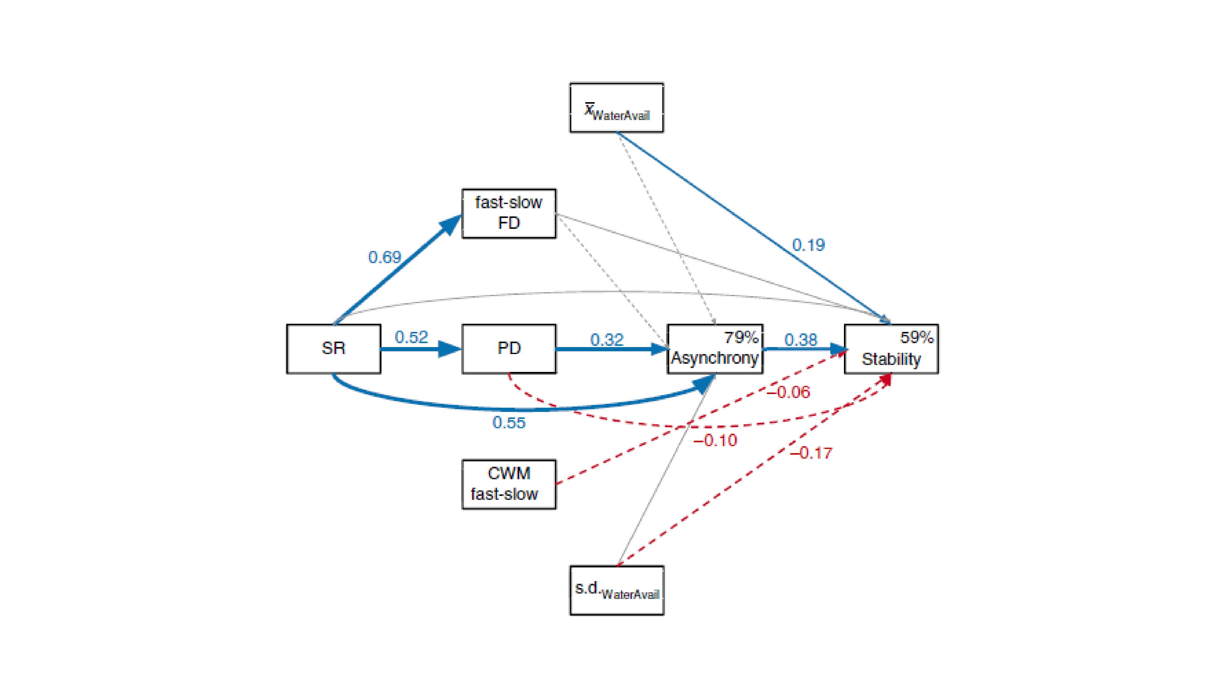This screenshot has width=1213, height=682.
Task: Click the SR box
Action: (x=333, y=349)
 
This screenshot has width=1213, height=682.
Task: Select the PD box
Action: (x=509, y=349)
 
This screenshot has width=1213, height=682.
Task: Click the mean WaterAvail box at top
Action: (x=617, y=108)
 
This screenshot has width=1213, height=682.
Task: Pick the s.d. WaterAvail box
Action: (x=617, y=590)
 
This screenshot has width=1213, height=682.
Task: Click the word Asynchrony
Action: (x=714, y=358)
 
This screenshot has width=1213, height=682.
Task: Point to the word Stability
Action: (x=891, y=359)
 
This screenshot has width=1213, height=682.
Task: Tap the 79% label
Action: (x=741, y=337)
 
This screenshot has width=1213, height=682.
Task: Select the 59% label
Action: (x=916, y=337)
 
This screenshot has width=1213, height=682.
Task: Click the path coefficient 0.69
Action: (x=384, y=257)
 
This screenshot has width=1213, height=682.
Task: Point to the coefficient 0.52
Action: (x=411, y=337)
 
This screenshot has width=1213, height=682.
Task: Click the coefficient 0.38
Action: (x=801, y=339)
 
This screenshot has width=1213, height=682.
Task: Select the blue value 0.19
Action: (x=808, y=245)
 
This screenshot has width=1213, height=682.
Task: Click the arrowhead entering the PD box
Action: (x=450, y=349)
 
